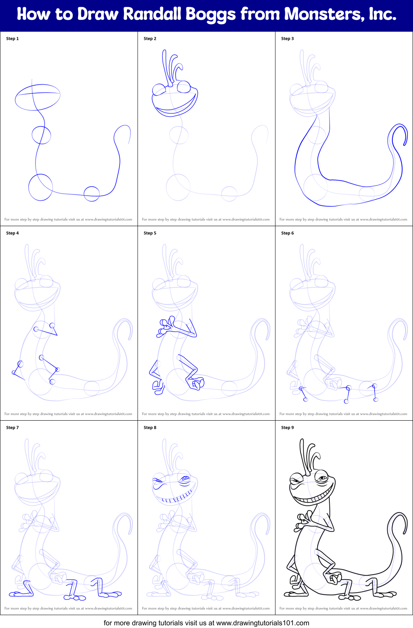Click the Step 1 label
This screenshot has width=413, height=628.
[13, 39]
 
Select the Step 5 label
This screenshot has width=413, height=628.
[150, 233]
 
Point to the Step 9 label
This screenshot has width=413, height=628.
[288, 428]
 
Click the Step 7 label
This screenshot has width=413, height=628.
[13, 428]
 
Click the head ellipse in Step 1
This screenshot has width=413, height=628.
[38, 97]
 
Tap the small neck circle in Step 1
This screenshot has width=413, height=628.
[41, 135]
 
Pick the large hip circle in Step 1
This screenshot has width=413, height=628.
[40, 187]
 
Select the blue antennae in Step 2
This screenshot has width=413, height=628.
[171, 68]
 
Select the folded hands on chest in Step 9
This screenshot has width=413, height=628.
[303, 521]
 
